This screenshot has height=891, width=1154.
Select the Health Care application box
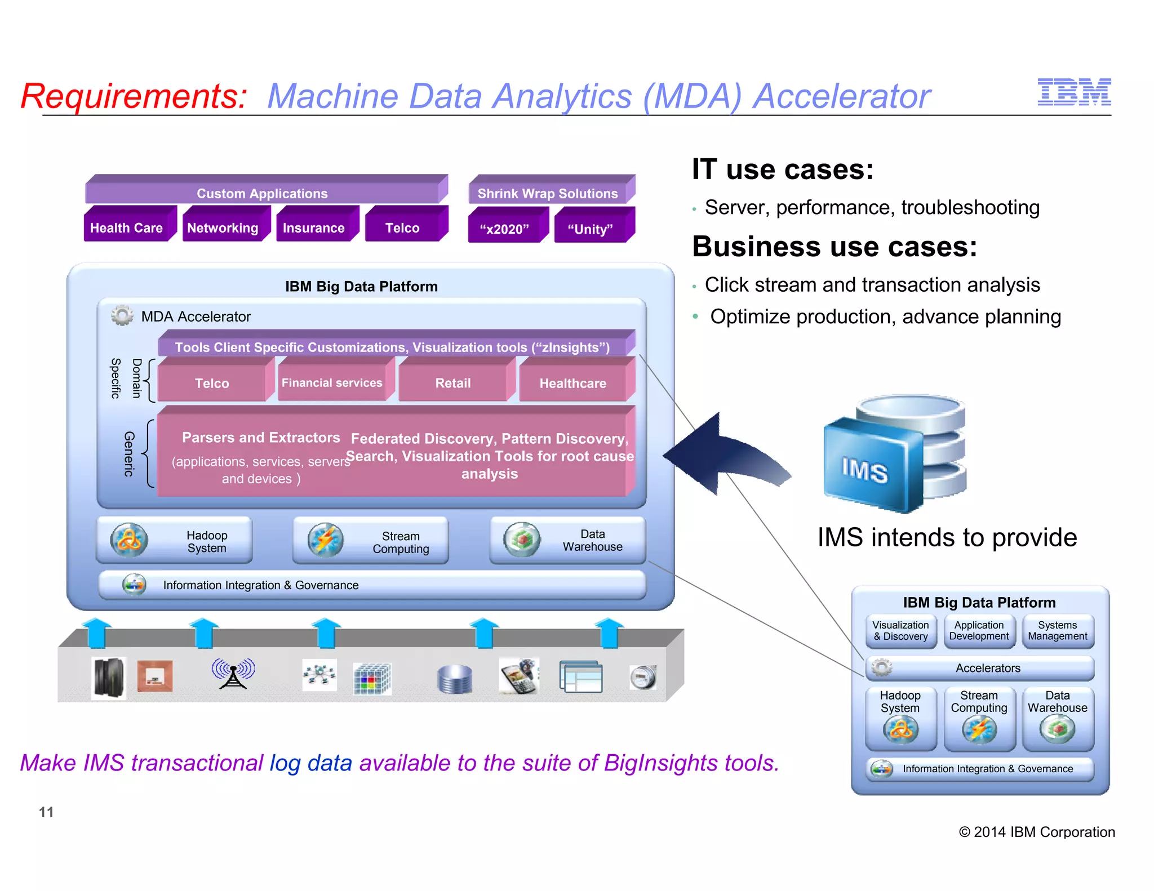point(127,228)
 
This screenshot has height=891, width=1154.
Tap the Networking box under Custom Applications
point(223,228)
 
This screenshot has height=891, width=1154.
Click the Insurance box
point(314,228)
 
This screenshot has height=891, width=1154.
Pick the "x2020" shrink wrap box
point(504,229)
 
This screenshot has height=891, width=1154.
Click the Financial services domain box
point(332,383)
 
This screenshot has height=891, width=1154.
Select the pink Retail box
point(453,383)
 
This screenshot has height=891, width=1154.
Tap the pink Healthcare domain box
point(573,383)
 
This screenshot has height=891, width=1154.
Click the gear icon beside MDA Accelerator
point(122,315)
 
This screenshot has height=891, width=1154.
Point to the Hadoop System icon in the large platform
point(129,540)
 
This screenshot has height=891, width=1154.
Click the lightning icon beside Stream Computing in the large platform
point(326,540)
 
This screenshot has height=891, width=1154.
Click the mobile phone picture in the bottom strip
point(519,676)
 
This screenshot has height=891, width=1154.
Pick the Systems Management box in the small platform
point(1058,631)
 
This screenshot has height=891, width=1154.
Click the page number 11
point(46,812)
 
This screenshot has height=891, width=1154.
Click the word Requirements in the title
point(134,96)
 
